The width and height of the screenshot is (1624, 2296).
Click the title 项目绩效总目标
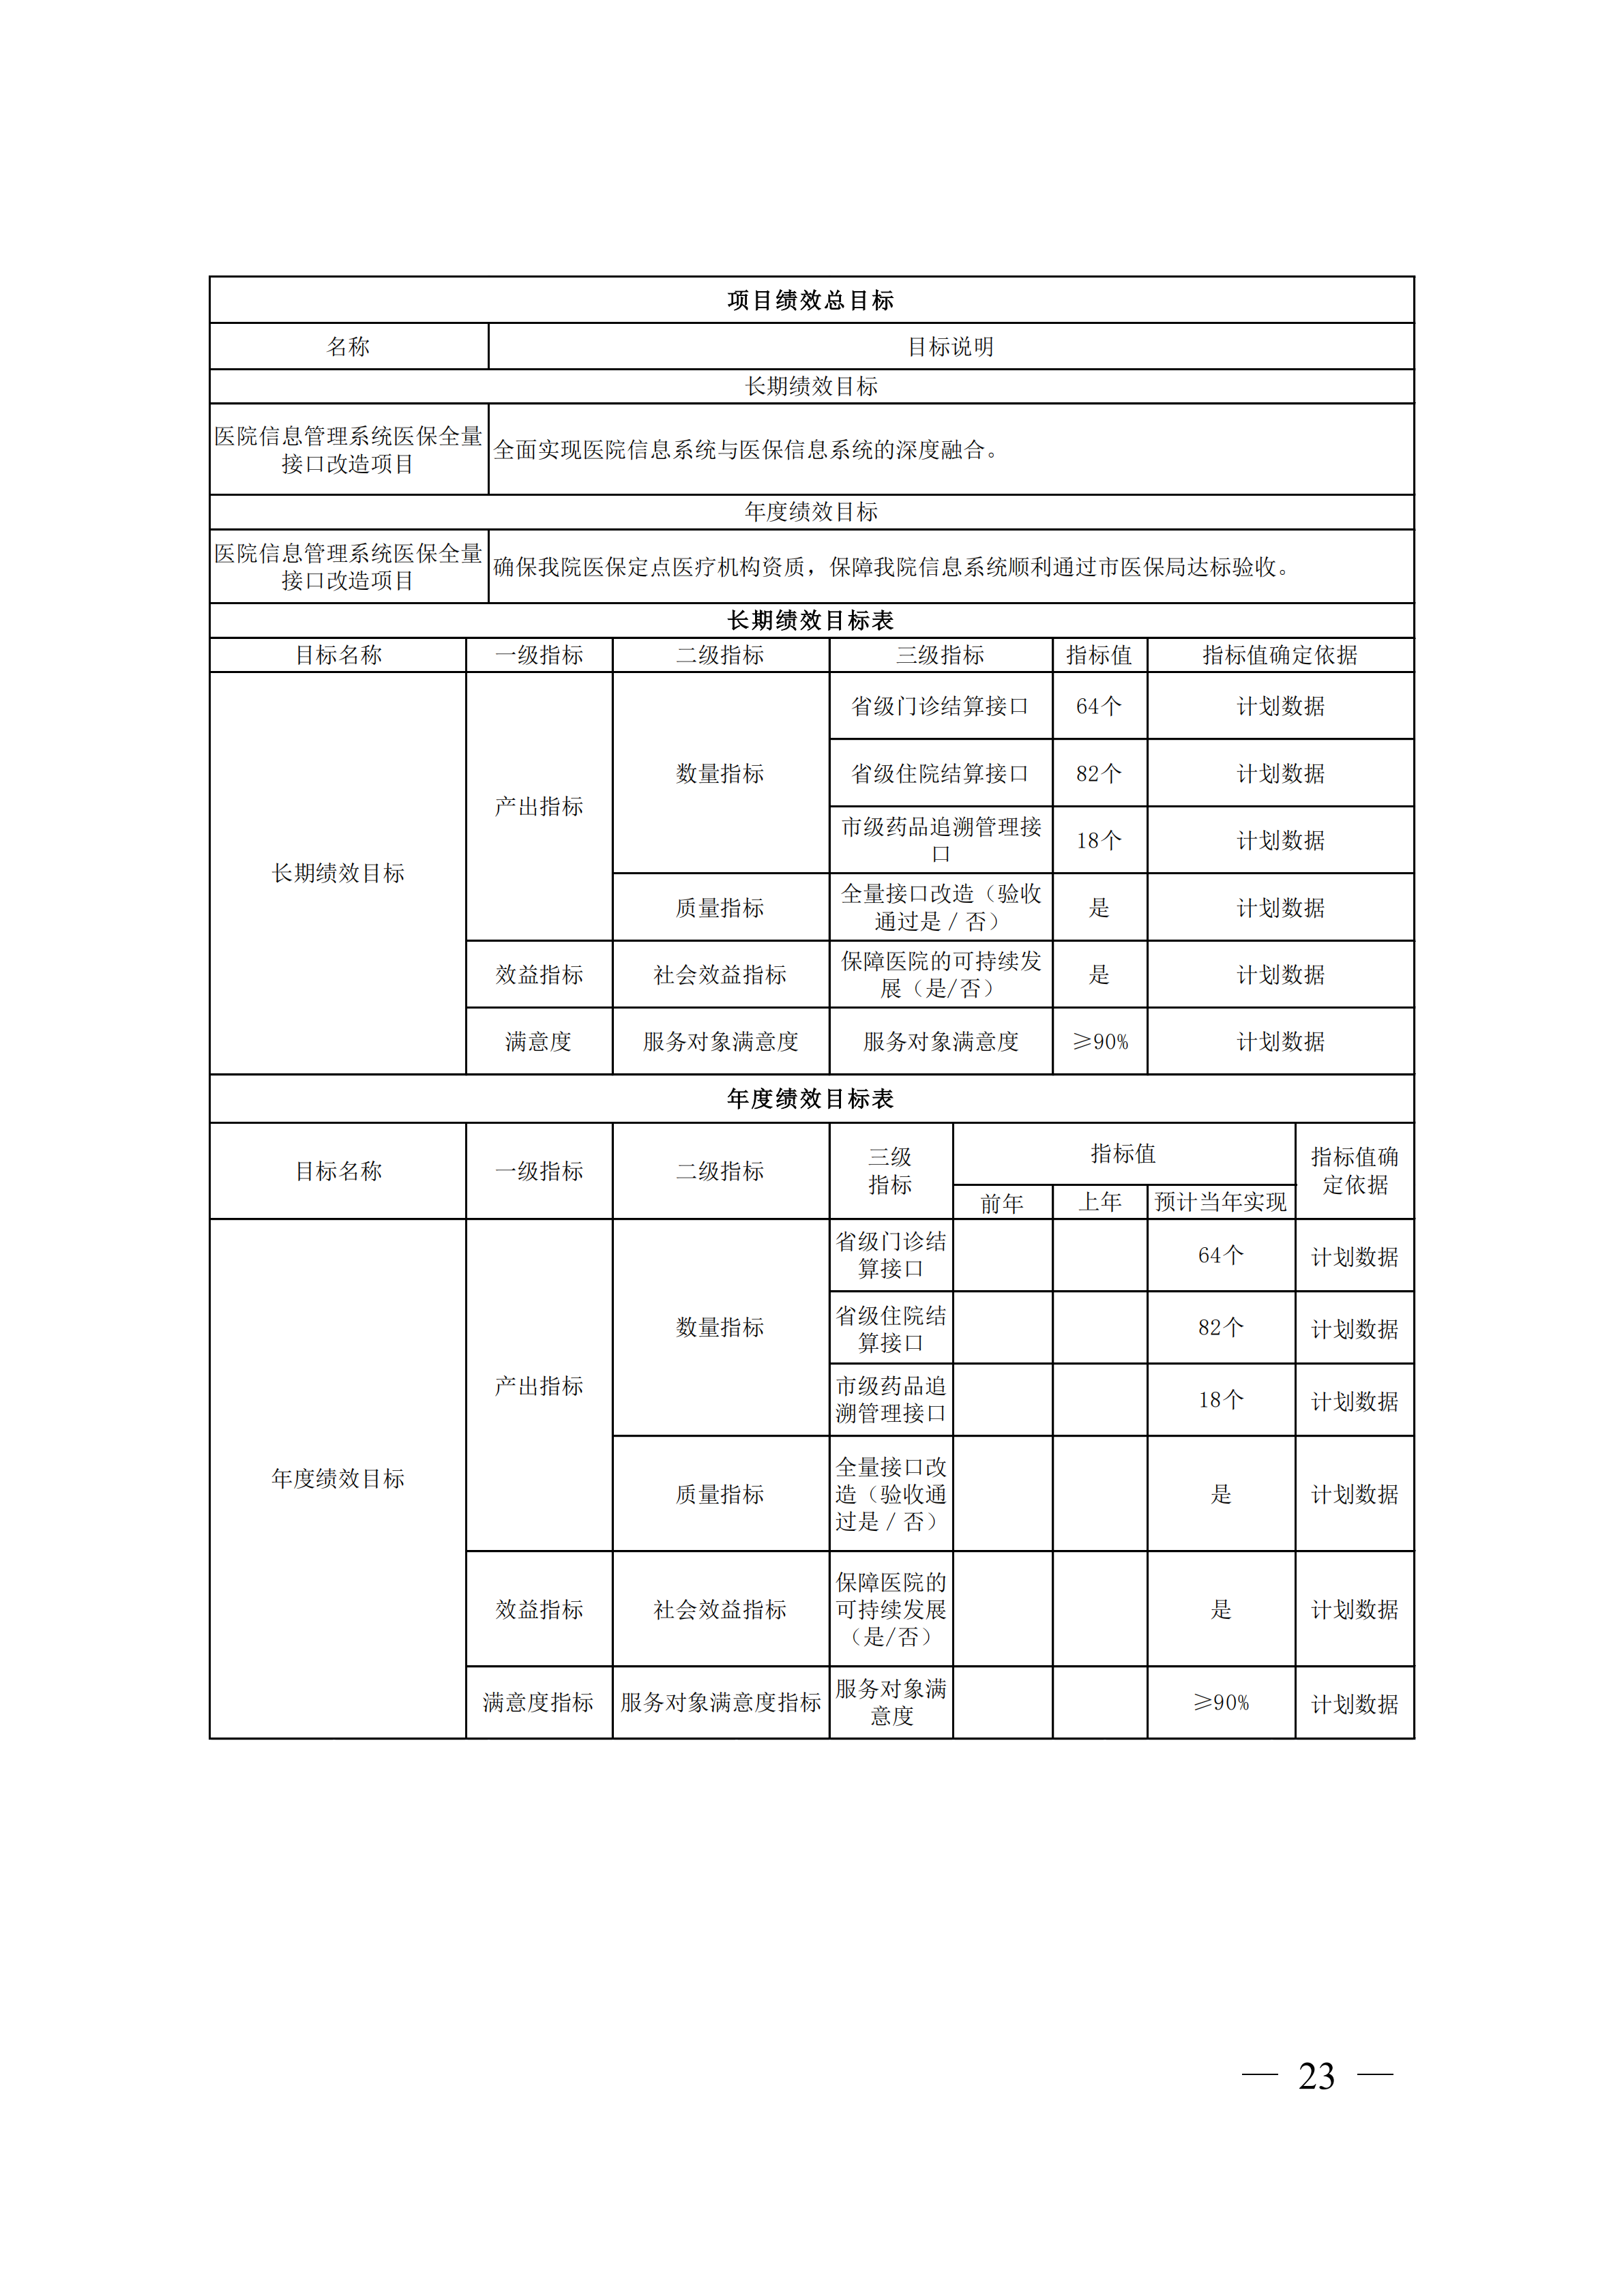[x=810, y=300]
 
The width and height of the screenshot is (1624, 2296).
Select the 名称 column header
[x=348, y=347]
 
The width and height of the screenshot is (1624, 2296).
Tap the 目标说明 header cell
[x=950, y=347]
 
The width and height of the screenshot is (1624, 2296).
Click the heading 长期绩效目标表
[x=810, y=621]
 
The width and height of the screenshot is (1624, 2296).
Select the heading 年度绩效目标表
[x=810, y=1099]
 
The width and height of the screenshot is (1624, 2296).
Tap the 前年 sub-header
[x=1002, y=1203]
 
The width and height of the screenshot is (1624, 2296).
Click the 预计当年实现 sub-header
[x=1220, y=1202]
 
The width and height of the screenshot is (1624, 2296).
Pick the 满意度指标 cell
[x=538, y=1702]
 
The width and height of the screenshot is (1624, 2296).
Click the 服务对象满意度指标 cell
[x=720, y=1702]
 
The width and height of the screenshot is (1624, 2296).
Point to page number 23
[x=1316, y=2077]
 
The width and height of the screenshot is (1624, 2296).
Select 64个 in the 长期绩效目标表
[x=1099, y=706]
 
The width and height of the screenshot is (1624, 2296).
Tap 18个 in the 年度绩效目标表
[x=1220, y=1400]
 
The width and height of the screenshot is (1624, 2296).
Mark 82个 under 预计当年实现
[x=1220, y=1328]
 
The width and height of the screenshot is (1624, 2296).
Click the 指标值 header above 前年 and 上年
[x=1123, y=1154]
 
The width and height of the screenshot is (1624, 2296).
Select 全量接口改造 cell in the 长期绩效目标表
[x=940, y=907]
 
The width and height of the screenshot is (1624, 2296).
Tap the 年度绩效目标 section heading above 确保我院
[x=810, y=512]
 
